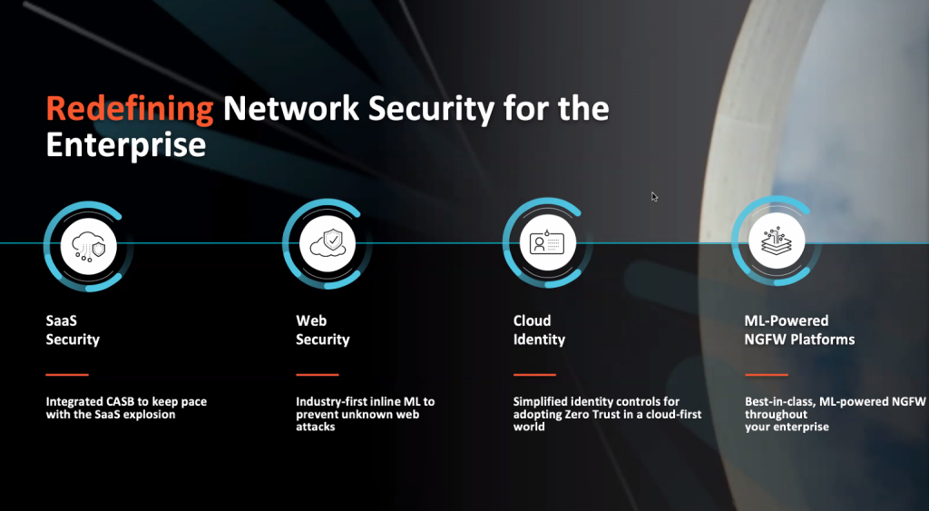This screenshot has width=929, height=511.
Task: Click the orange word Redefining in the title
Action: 130,109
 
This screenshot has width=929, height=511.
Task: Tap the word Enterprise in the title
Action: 125,144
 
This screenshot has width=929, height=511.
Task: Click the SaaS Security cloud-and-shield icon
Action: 89,246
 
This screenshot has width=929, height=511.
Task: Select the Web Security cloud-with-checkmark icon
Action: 327,243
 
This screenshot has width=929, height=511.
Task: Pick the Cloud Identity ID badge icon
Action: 547,243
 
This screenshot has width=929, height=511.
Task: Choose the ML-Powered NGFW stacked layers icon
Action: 777,241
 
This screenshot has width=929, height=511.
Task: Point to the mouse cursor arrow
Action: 654,197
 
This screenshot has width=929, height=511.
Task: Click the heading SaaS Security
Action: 73,330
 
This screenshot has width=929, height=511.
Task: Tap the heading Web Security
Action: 323,330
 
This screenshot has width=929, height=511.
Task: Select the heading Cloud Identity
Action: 539,330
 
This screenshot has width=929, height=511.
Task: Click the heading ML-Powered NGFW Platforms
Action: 800,330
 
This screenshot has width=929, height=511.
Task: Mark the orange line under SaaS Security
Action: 67,375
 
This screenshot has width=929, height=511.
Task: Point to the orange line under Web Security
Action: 318,375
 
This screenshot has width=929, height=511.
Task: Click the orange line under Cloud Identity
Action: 534,375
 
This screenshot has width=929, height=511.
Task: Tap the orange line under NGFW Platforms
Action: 767,375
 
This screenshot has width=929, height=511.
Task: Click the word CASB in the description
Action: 120,401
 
